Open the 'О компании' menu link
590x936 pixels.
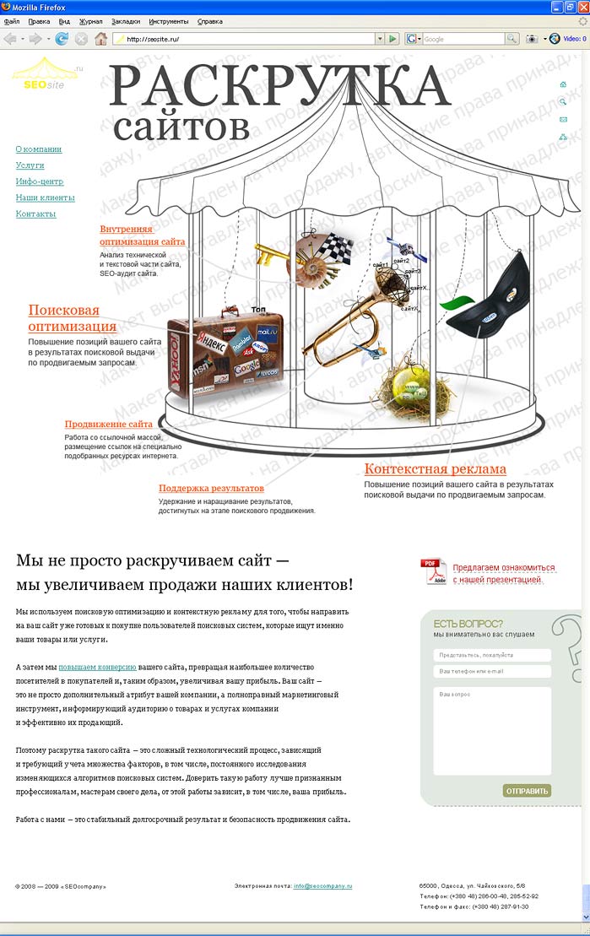(39, 149)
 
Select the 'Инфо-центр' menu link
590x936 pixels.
(40, 181)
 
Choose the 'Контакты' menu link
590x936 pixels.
(35, 214)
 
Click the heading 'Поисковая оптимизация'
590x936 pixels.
(72, 318)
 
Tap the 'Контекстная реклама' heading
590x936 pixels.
(435, 469)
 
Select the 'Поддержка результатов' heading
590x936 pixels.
(211, 488)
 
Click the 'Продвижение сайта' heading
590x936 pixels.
(109, 424)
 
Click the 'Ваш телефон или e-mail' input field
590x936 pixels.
(492, 672)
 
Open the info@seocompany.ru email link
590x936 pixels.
(322, 886)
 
